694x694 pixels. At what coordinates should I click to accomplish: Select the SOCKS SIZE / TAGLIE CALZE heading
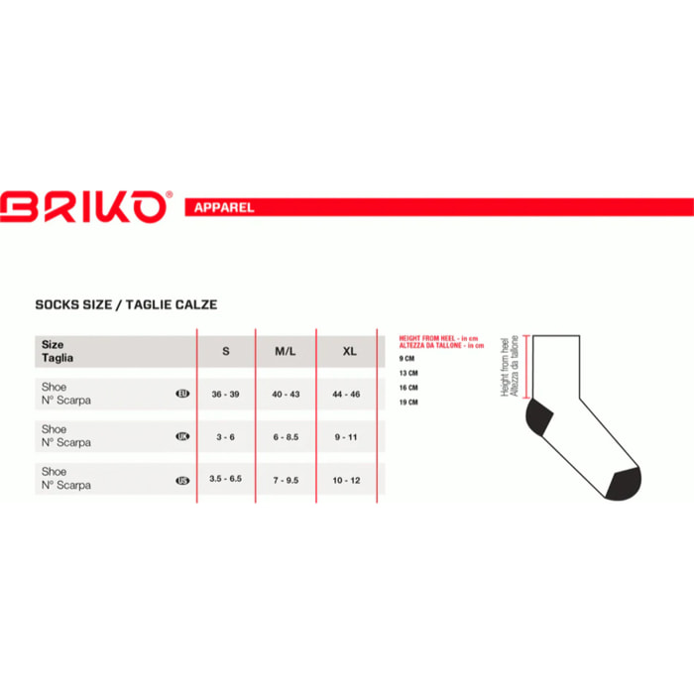[x=126, y=304]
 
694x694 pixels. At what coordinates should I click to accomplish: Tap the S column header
[x=226, y=352]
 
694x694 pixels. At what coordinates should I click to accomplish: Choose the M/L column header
[x=286, y=352]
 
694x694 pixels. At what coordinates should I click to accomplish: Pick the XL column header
[x=348, y=352]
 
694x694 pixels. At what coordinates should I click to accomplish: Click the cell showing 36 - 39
[x=226, y=395]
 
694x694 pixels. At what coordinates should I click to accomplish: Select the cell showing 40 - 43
[x=286, y=395]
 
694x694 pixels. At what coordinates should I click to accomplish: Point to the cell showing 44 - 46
[x=347, y=395]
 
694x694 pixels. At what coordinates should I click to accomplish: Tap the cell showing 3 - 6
[x=226, y=437]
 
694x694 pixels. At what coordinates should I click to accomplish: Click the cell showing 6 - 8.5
[x=286, y=437]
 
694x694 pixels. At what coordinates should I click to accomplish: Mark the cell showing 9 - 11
[x=347, y=437]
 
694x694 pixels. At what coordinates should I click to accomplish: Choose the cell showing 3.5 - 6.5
[x=226, y=480]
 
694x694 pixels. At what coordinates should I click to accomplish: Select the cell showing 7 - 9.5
[x=286, y=480]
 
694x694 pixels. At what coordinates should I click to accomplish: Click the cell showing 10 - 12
[x=347, y=480]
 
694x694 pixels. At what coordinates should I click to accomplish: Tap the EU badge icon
[x=182, y=395]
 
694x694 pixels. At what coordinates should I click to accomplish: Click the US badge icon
[x=182, y=481]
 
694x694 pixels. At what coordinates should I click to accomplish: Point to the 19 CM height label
[x=408, y=403]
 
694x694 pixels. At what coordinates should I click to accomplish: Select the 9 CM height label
[x=406, y=358]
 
